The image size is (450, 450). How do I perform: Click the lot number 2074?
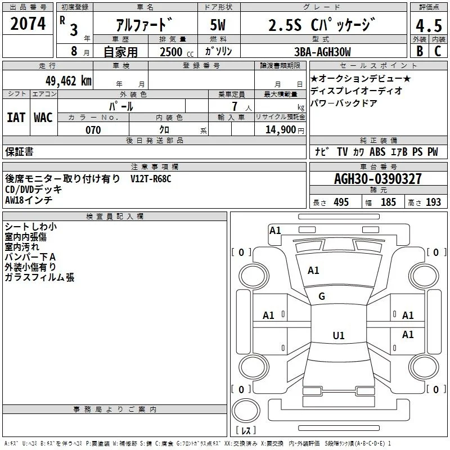[x=28, y=24]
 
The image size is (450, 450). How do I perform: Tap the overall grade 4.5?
[x=429, y=26]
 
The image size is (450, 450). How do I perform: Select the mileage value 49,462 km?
[x=68, y=81]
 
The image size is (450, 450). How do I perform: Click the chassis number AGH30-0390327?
[x=378, y=179]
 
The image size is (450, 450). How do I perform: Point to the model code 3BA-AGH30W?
[x=322, y=52]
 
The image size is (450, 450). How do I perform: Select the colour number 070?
[x=93, y=130]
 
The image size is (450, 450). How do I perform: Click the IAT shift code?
[x=16, y=118]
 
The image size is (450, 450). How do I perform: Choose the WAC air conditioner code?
[x=43, y=118]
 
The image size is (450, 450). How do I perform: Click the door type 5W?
[x=218, y=25]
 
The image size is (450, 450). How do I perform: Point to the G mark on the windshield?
[x=322, y=296]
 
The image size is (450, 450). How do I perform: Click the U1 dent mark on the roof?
[x=339, y=335]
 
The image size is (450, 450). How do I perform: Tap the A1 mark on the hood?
[x=313, y=271]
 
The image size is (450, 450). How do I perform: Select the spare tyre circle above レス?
[x=246, y=411]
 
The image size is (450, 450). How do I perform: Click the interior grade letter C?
[x=438, y=51]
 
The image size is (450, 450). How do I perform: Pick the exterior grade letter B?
[x=420, y=51]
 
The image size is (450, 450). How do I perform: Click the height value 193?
[x=433, y=202]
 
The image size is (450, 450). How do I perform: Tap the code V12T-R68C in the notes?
[x=151, y=179]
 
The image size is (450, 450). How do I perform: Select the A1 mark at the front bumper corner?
[x=275, y=231]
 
